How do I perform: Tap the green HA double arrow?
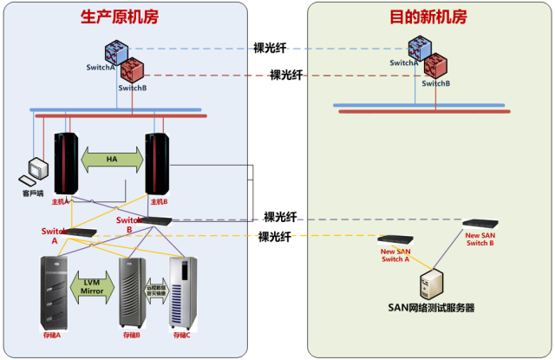(112, 159)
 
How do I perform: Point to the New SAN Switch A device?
(395, 239)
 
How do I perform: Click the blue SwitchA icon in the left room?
(117, 53)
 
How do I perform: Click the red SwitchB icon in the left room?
(133, 69)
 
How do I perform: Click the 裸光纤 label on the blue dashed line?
(271, 49)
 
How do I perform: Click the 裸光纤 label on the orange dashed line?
(276, 236)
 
